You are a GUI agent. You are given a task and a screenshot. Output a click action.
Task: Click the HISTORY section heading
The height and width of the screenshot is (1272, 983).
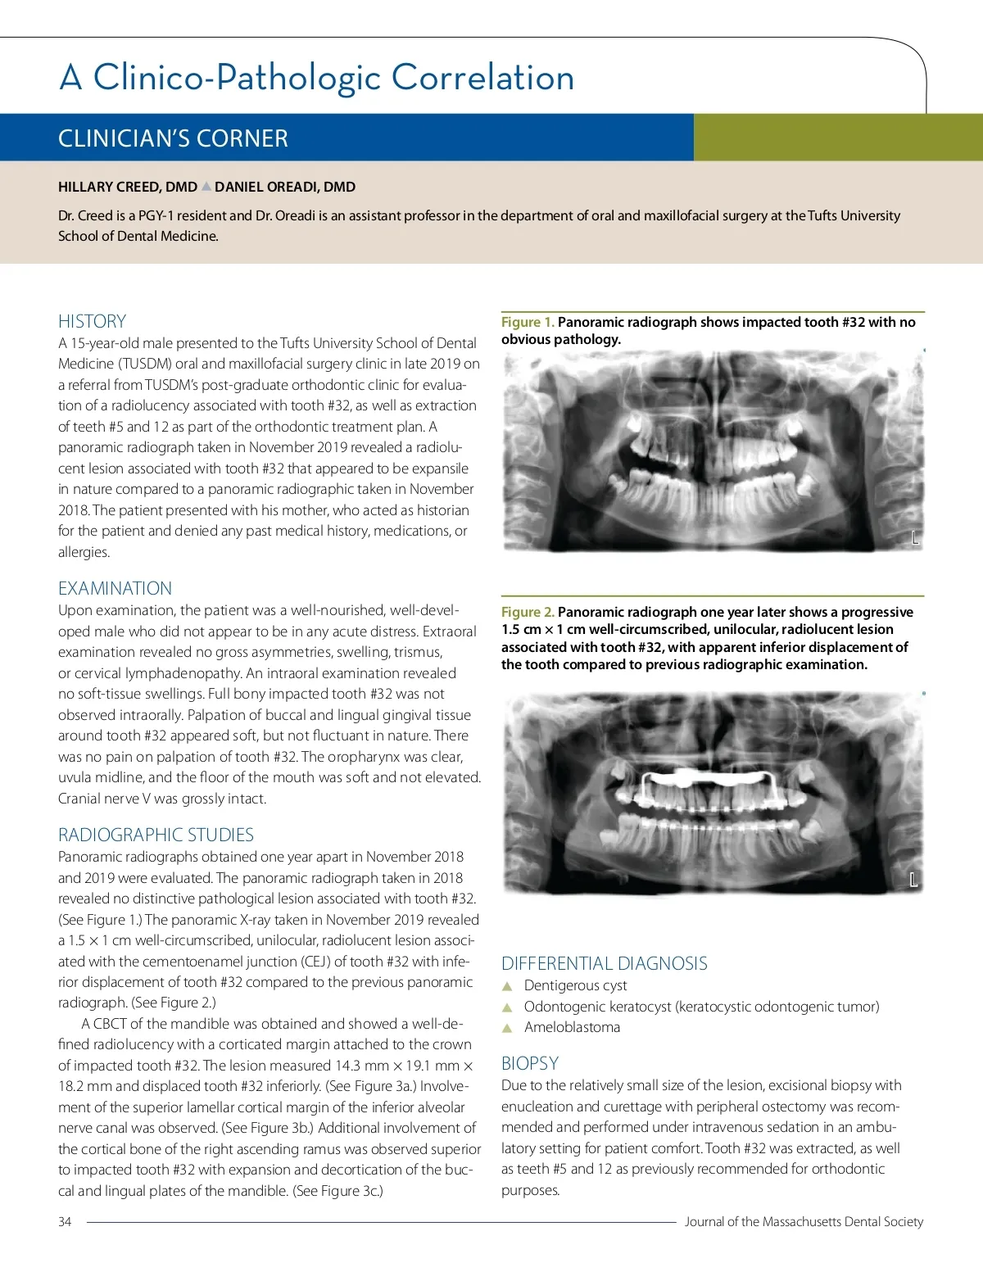point(92,321)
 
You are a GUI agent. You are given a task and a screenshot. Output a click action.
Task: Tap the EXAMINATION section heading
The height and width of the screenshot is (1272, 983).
point(115,588)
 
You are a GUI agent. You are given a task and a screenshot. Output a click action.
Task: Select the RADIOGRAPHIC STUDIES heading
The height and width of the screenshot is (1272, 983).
point(156,835)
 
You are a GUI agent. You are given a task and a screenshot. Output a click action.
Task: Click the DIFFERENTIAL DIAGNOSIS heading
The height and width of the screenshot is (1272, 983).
point(605,963)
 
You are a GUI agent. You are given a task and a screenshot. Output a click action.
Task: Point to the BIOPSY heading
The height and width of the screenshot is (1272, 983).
point(530,1063)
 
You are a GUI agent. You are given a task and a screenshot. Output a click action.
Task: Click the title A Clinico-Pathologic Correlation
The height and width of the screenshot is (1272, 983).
point(317,77)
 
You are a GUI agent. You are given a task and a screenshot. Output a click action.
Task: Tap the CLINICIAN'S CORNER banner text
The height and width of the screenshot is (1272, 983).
point(173,138)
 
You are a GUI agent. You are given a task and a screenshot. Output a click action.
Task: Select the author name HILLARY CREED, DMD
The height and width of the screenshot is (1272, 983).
point(127,187)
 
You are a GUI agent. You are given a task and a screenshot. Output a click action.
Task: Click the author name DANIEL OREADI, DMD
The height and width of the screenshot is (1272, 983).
point(285,187)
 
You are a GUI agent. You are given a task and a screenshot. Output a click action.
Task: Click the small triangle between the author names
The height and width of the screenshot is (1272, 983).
point(206,187)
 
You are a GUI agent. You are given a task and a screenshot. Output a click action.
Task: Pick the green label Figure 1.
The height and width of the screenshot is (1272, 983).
point(528,322)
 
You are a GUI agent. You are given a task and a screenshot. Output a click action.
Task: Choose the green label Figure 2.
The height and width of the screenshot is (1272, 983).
point(528,612)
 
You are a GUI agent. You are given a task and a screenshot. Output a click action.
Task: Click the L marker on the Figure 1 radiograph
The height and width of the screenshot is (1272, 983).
point(915,538)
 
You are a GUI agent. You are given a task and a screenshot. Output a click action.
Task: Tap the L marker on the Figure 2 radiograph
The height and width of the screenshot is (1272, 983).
point(913,880)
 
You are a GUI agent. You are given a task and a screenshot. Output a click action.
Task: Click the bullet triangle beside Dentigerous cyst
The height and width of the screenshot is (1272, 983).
point(507,986)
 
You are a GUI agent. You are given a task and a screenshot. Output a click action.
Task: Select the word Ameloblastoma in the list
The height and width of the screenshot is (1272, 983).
point(572,1027)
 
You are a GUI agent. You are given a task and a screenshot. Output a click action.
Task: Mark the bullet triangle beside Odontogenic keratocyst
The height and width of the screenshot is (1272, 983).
point(507,1007)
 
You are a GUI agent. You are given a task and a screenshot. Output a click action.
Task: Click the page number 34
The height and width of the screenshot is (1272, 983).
point(65,1221)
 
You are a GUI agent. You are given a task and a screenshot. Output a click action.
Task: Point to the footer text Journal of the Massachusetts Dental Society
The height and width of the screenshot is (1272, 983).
point(804,1221)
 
